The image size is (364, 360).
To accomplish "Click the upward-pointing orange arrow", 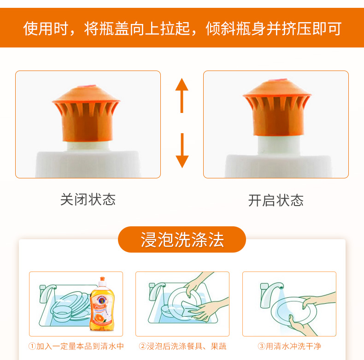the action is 182,95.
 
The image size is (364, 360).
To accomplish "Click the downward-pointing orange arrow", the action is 182,151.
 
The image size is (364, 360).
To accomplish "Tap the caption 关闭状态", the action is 88,200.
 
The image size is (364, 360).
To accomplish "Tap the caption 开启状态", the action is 276,200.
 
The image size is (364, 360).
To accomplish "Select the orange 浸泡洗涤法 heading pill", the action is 182,239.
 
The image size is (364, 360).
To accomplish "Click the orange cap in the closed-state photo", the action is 86,113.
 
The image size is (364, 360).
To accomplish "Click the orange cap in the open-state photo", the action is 277,107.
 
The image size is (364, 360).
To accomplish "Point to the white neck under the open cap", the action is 279,145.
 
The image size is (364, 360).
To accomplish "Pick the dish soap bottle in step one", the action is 102,304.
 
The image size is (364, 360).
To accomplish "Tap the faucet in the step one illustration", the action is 47,293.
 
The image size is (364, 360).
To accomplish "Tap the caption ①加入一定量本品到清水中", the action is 76,346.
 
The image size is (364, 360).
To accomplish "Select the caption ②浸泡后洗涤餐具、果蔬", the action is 182,346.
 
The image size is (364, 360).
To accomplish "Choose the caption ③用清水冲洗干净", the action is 289,346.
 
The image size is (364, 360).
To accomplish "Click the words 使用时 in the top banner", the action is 46,29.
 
